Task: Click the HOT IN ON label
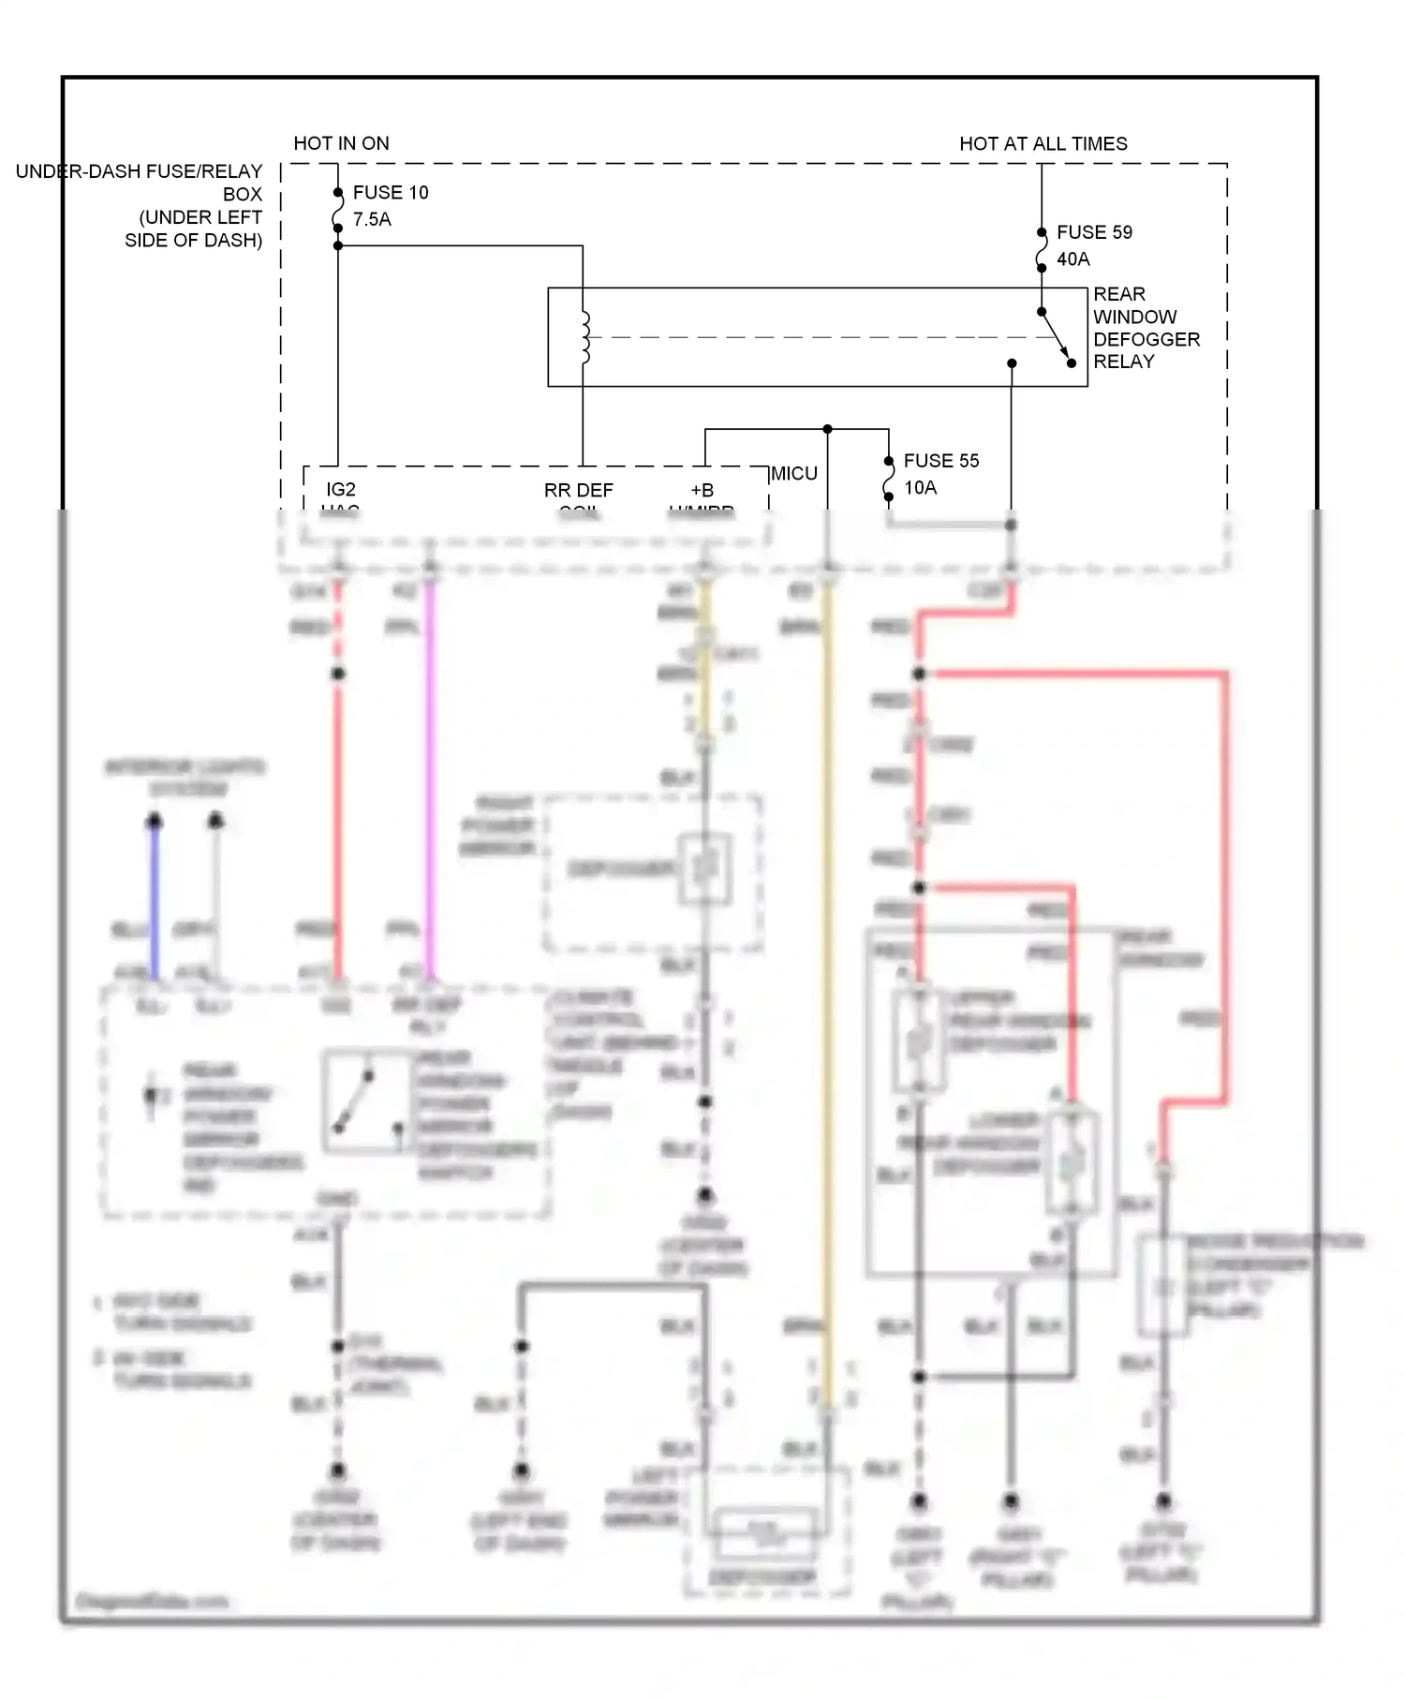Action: [341, 143]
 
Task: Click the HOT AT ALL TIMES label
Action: [1043, 143]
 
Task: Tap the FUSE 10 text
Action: [390, 192]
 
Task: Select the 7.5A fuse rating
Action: [372, 219]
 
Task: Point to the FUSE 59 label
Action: [1094, 231]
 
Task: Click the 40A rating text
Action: [1072, 259]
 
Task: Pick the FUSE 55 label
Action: [940, 460]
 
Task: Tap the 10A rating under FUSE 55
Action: [920, 487]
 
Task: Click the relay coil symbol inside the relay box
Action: [584, 337]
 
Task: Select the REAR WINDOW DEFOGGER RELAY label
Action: [1145, 328]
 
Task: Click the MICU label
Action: [793, 473]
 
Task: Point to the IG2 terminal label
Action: [341, 489]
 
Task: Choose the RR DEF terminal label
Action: [578, 490]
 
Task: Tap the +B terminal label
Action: [702, 490]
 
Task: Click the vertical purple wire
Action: [430, 777]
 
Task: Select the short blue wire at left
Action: [155, 899]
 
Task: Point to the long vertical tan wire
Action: [826, 983]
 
